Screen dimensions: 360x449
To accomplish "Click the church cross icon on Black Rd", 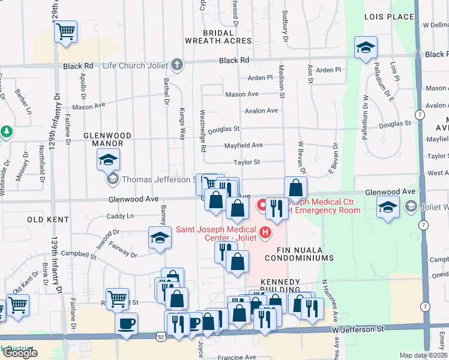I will [x=176, y=64].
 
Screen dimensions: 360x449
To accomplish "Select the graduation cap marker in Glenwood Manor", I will [x=108, y=159].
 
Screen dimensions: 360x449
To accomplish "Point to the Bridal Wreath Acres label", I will [x=217, y=37].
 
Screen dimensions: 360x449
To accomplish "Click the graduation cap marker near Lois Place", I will [x=366, y=48].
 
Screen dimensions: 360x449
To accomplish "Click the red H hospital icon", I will [x=264, y=230].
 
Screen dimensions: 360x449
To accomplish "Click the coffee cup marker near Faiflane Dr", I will [x=126, y=324].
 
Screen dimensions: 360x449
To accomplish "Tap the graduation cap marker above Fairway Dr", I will [x=160, y=238].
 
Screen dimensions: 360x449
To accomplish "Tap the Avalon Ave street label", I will [x=261, y=110].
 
